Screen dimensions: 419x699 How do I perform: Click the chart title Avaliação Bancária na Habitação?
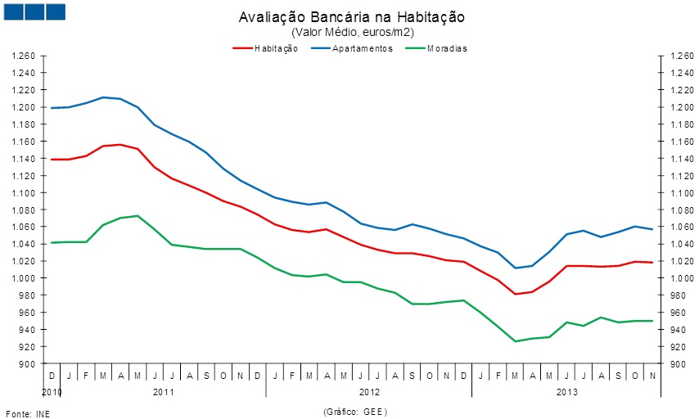(353, 17)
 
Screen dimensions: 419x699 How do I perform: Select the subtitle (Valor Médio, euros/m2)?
(353, 32)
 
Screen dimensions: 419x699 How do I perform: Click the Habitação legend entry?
(265, 48)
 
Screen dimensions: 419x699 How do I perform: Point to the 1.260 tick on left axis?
(23, 56)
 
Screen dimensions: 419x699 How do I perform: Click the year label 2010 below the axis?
(52, 392)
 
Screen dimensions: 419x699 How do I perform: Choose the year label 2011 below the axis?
(164, 392)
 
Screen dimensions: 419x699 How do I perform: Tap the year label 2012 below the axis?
(369, 392)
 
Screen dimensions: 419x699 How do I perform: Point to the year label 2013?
(567, 392)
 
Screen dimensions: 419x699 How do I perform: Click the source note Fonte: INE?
(28, 412)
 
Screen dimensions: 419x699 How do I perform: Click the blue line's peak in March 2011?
(104, 97)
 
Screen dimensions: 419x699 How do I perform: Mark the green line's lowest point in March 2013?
(516, 341)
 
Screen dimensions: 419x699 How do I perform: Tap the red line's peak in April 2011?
(120, 145)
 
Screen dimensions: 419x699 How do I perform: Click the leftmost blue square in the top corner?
(12, 11)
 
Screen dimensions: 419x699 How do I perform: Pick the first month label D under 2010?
(52, 376)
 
